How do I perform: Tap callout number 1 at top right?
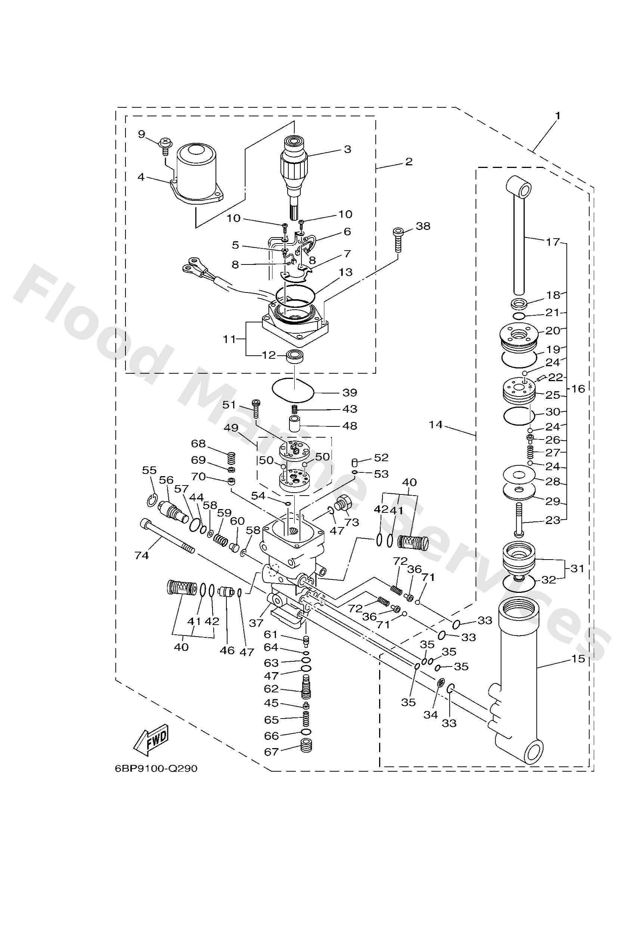558,116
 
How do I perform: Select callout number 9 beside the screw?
142,134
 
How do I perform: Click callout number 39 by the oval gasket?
350,392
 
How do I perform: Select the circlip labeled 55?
152,500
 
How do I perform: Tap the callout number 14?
436,425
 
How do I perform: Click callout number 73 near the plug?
352,522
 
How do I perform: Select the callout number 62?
271,689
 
